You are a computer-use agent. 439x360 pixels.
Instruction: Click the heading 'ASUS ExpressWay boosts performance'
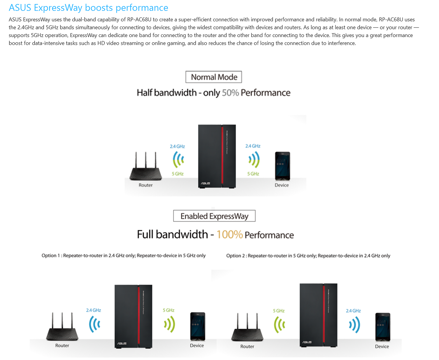pos(88,8)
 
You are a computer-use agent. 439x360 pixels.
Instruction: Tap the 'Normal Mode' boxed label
pos(214,77)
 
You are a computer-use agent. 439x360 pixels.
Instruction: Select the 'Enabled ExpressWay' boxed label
pos(214,216)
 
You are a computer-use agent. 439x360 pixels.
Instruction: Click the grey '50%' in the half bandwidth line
pos(230,93)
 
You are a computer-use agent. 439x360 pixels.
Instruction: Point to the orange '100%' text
pos(229,235)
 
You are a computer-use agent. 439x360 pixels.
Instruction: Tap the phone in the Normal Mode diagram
pos(282,166)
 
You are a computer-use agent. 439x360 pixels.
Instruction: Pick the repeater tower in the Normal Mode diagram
pos(217,156)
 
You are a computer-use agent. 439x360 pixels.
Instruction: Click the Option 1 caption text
pos(123,256)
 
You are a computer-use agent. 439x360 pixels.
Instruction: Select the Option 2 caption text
pos(308,256)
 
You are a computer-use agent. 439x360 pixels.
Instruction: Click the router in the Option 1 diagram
pos(62,328)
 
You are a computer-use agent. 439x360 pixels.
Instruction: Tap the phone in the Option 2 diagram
pos(383,327)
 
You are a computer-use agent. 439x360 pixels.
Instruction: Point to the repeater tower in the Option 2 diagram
pos(318,315)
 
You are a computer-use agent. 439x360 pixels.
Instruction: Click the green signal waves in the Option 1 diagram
pos(169,324)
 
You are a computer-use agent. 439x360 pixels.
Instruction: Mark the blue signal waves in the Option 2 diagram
pos(354,325)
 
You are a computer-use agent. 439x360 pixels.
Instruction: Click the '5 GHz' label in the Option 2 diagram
pos(279,311)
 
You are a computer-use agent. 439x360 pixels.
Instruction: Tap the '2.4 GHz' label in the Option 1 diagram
pos(94,310)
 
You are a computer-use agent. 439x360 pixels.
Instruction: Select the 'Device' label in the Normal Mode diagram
pos(282,185)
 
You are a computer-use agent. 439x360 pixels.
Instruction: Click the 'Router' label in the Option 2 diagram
pos(247,347)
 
